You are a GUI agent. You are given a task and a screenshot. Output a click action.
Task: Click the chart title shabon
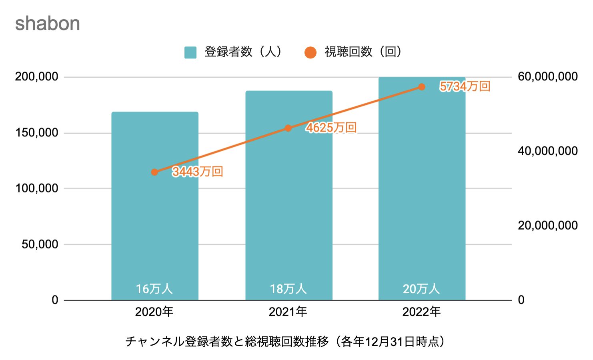point(48,24)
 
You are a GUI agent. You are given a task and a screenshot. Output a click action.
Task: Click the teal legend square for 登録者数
point(190,52)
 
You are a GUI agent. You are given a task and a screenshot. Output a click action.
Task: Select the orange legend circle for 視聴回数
point(310,52)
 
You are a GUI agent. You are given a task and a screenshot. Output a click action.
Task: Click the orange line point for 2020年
point(155,172)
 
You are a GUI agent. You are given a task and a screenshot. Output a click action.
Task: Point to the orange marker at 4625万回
point(288,128)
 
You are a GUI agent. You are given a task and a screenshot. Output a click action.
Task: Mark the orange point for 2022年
point(422,87)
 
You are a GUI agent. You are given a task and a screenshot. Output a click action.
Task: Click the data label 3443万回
point(198,172)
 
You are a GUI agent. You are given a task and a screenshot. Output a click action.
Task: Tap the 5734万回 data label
point(465,86)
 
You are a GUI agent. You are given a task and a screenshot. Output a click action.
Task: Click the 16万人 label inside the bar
point(154,289)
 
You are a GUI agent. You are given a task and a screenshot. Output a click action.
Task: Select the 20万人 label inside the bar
point(421,289)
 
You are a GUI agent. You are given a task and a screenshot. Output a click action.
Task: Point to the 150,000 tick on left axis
point(37,133)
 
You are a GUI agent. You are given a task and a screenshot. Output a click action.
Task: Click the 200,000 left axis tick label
point(37,77)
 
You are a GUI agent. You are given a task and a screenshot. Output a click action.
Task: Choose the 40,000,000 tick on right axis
point(547,151)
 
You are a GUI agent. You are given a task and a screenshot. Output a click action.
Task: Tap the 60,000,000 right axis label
point(547,77)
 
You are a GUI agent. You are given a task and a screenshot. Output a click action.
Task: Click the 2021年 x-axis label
point(288,312)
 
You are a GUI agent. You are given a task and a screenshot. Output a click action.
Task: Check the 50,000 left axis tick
point(40,244)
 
